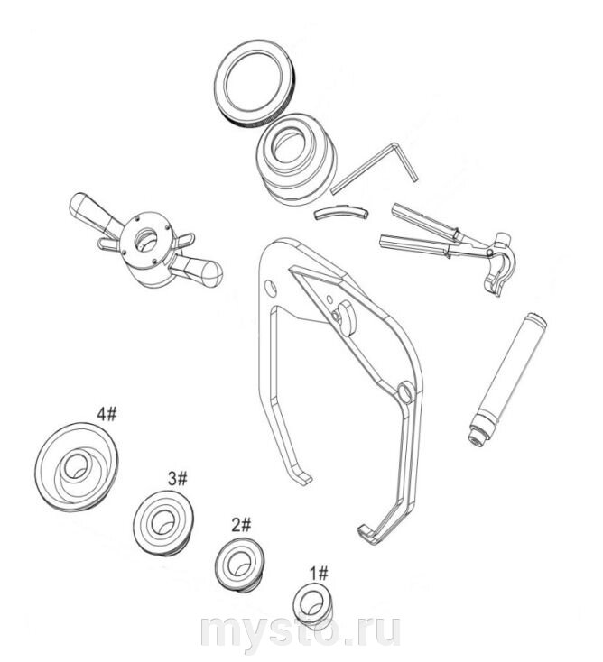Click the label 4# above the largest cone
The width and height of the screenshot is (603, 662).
coord(107,414)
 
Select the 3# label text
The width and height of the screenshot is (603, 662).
coord(178,479)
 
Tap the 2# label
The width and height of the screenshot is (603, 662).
coord(241,525)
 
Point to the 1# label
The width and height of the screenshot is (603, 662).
coord(319,574)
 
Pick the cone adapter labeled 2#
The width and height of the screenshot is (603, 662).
coord(239,565)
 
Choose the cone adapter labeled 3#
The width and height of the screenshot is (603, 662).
coord(164,523)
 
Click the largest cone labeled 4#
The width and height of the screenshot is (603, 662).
coord(77,466)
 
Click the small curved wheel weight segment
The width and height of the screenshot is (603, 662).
coord(341,212)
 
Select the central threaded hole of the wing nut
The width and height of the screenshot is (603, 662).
coord(145,240)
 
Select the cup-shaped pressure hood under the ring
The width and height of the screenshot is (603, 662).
coord(298,159)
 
